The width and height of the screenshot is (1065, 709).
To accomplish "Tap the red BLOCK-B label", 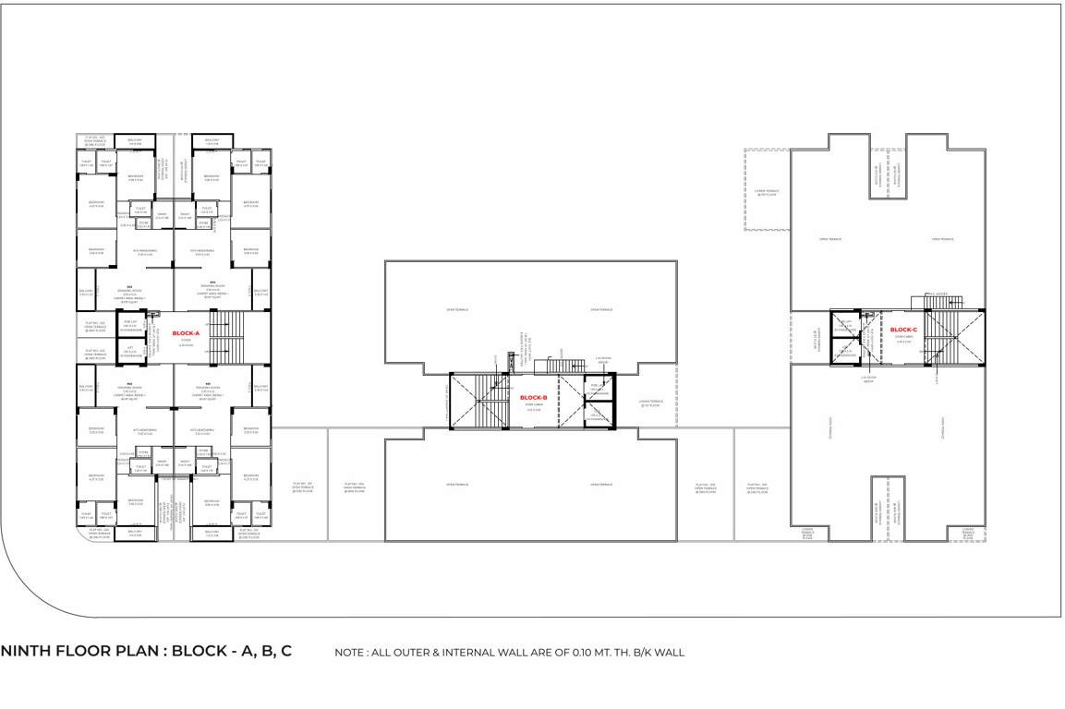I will click(x=534, y=398).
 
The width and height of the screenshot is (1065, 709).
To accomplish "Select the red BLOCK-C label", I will click(x=902, y=330).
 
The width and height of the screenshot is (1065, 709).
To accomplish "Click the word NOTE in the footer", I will click(x=351, y=653).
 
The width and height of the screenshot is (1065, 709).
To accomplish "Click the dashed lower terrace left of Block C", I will click(x=765, y=189).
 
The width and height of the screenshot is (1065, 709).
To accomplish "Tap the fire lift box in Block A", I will click(x=130, y=325).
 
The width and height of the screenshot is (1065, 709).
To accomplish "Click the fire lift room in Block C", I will click(x=844, y=324).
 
